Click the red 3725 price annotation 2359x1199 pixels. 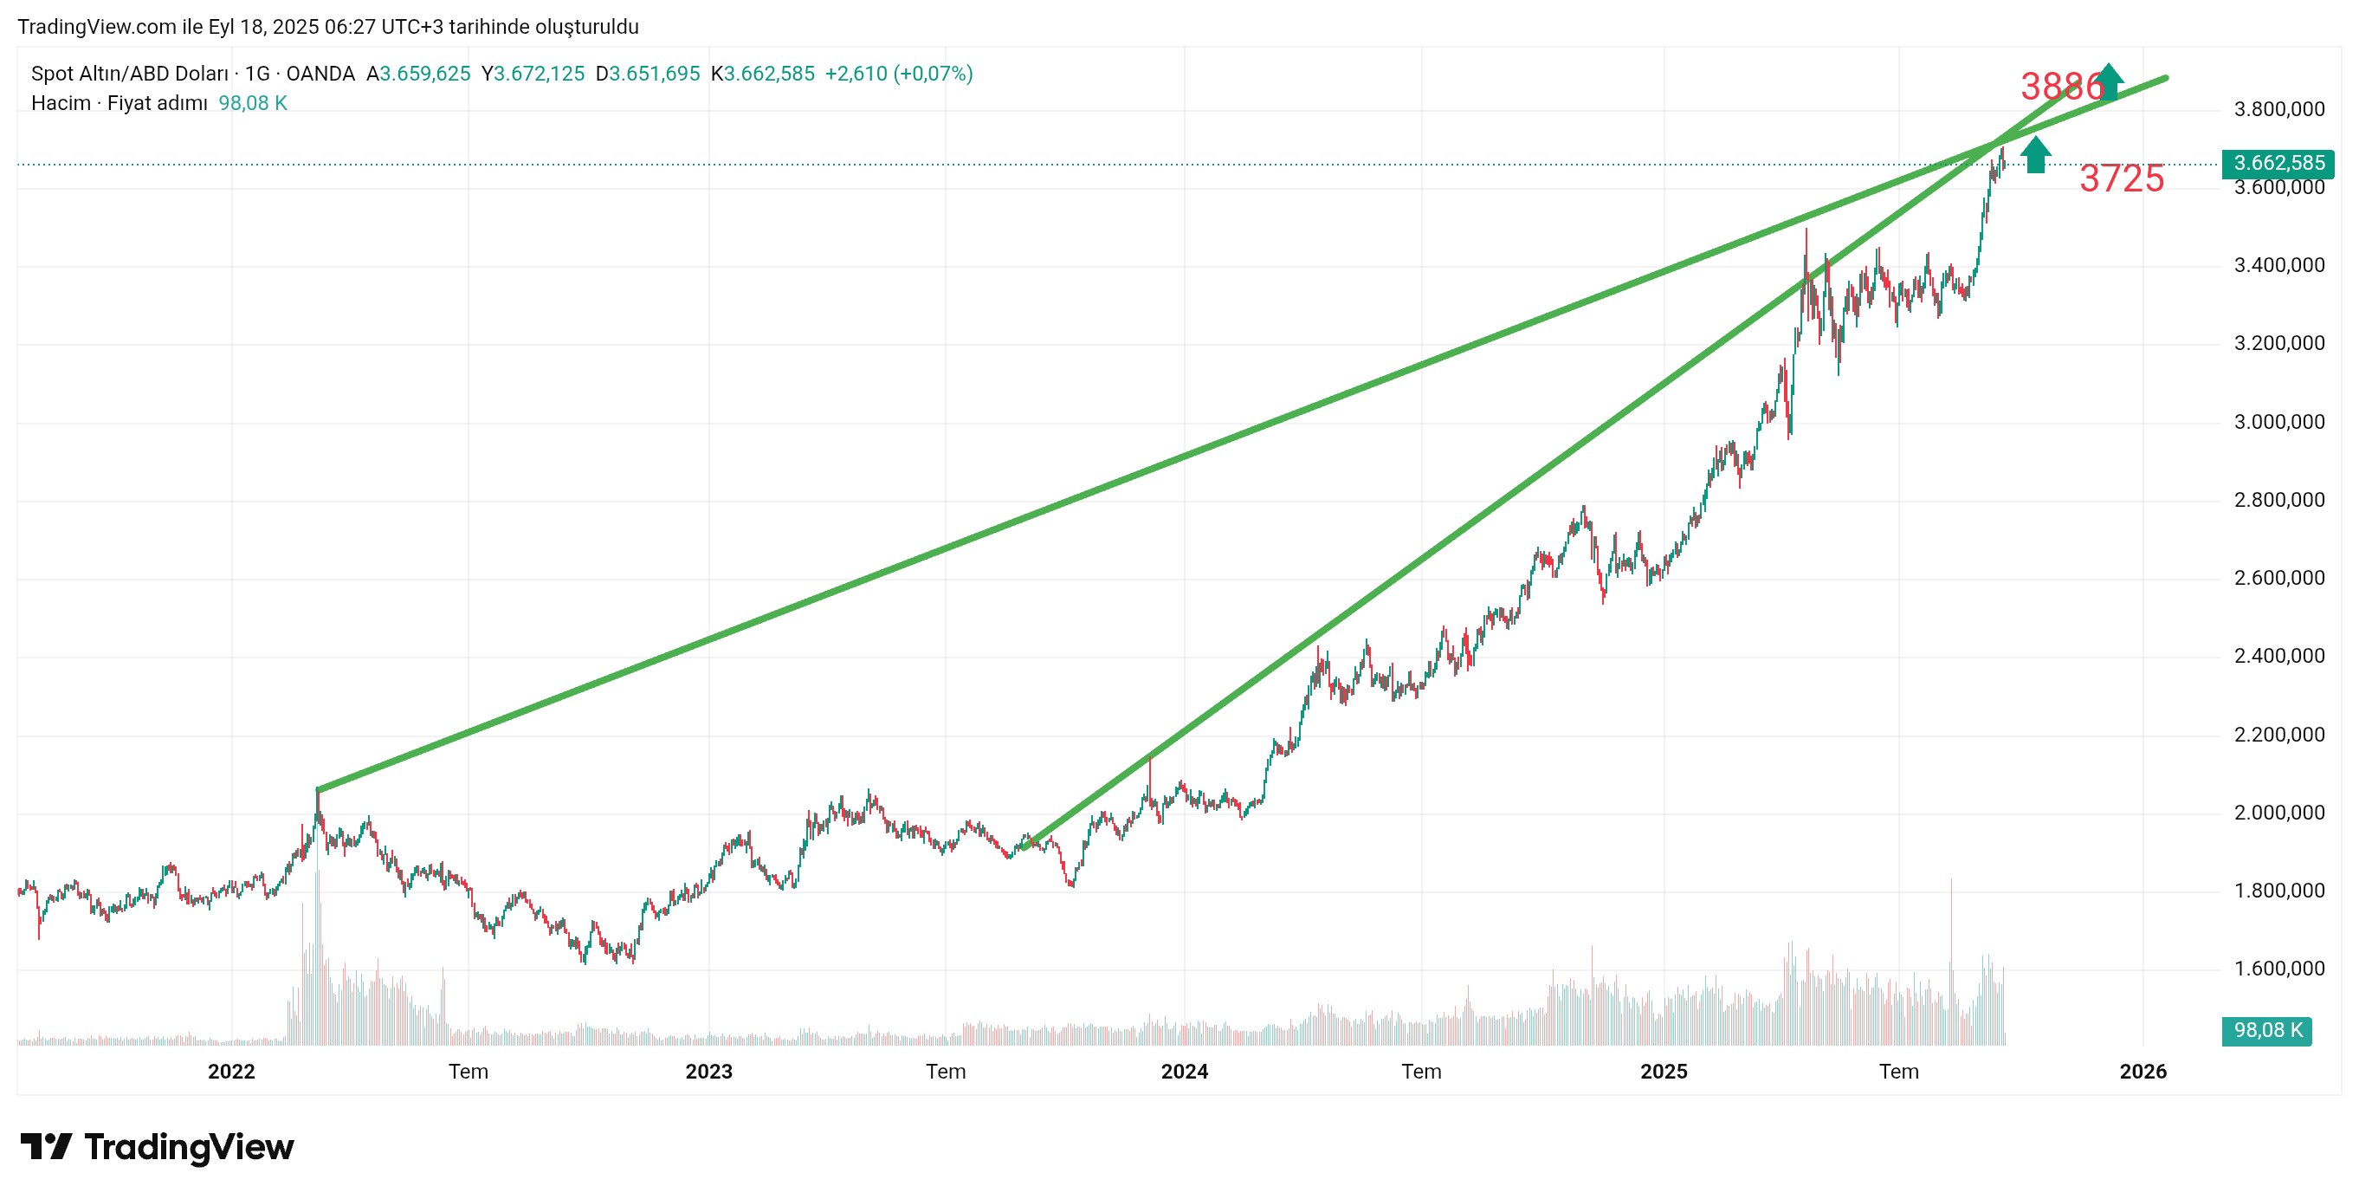pyautogui.click(x=2121, y=178)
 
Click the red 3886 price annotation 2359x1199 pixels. pyautogui.click(x=2061, y=87)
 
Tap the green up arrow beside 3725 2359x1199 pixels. pyautogui.click(x=2035, y=155)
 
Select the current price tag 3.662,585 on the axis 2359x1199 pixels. pyautogui.click(x=2278, y=163)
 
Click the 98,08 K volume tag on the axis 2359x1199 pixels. pyautogui.click(x=2266, y=1030)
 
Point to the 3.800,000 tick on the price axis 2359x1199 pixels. pyautogui.click(x=2278, y=110)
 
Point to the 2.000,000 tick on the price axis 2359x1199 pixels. pyautogui.click(x=2278, y=813)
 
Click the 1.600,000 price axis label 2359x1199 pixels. pyautogui.click(x=2278, y=969)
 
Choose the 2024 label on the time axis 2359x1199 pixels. pyautogui.click(x=1184, y=1072)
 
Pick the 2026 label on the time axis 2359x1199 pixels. pyautogui.click(x=2142, y=1072)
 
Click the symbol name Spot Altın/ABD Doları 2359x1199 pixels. pyautogui.click(x=130, y=75)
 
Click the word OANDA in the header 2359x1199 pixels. pyautogui.click(x=320, y=75)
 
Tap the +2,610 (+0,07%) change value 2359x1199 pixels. pyautogui.click(x=898, y=75)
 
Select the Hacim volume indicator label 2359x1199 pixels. pyautogui.click(x=61, y=103)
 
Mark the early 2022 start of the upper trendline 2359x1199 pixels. pyautogui.click(x=318, y=788)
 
